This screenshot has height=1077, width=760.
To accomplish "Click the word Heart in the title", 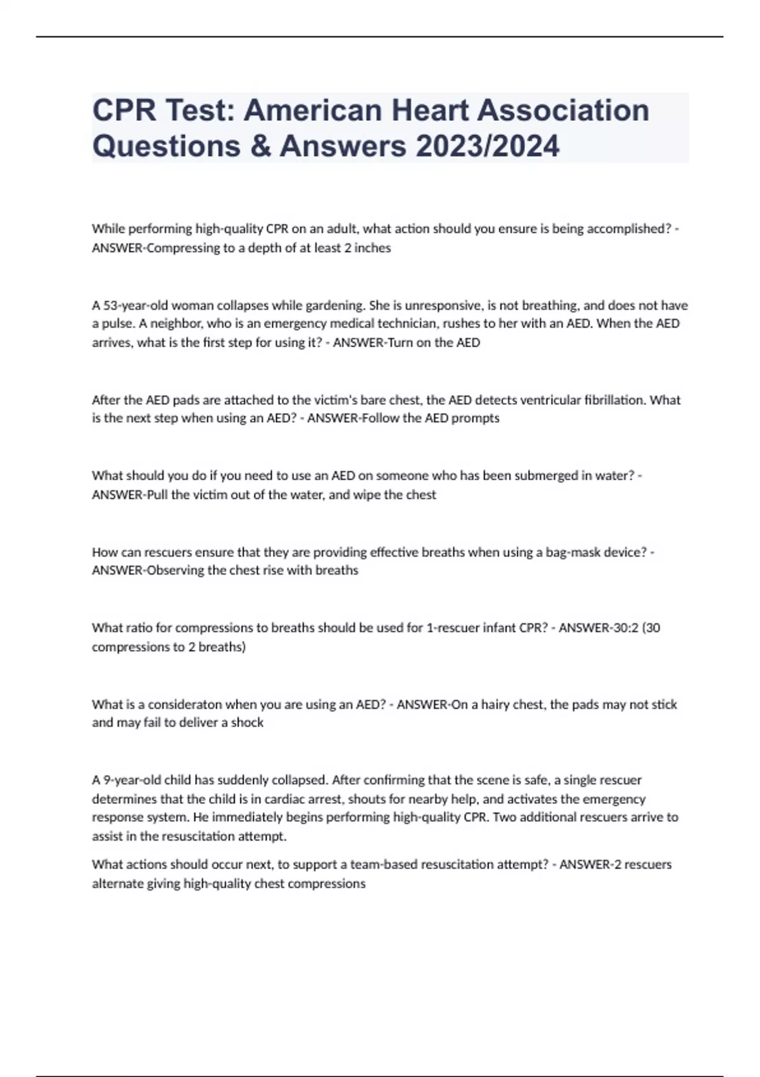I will click(428, 110).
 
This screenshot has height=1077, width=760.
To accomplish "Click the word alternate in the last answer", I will click(118, 884).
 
